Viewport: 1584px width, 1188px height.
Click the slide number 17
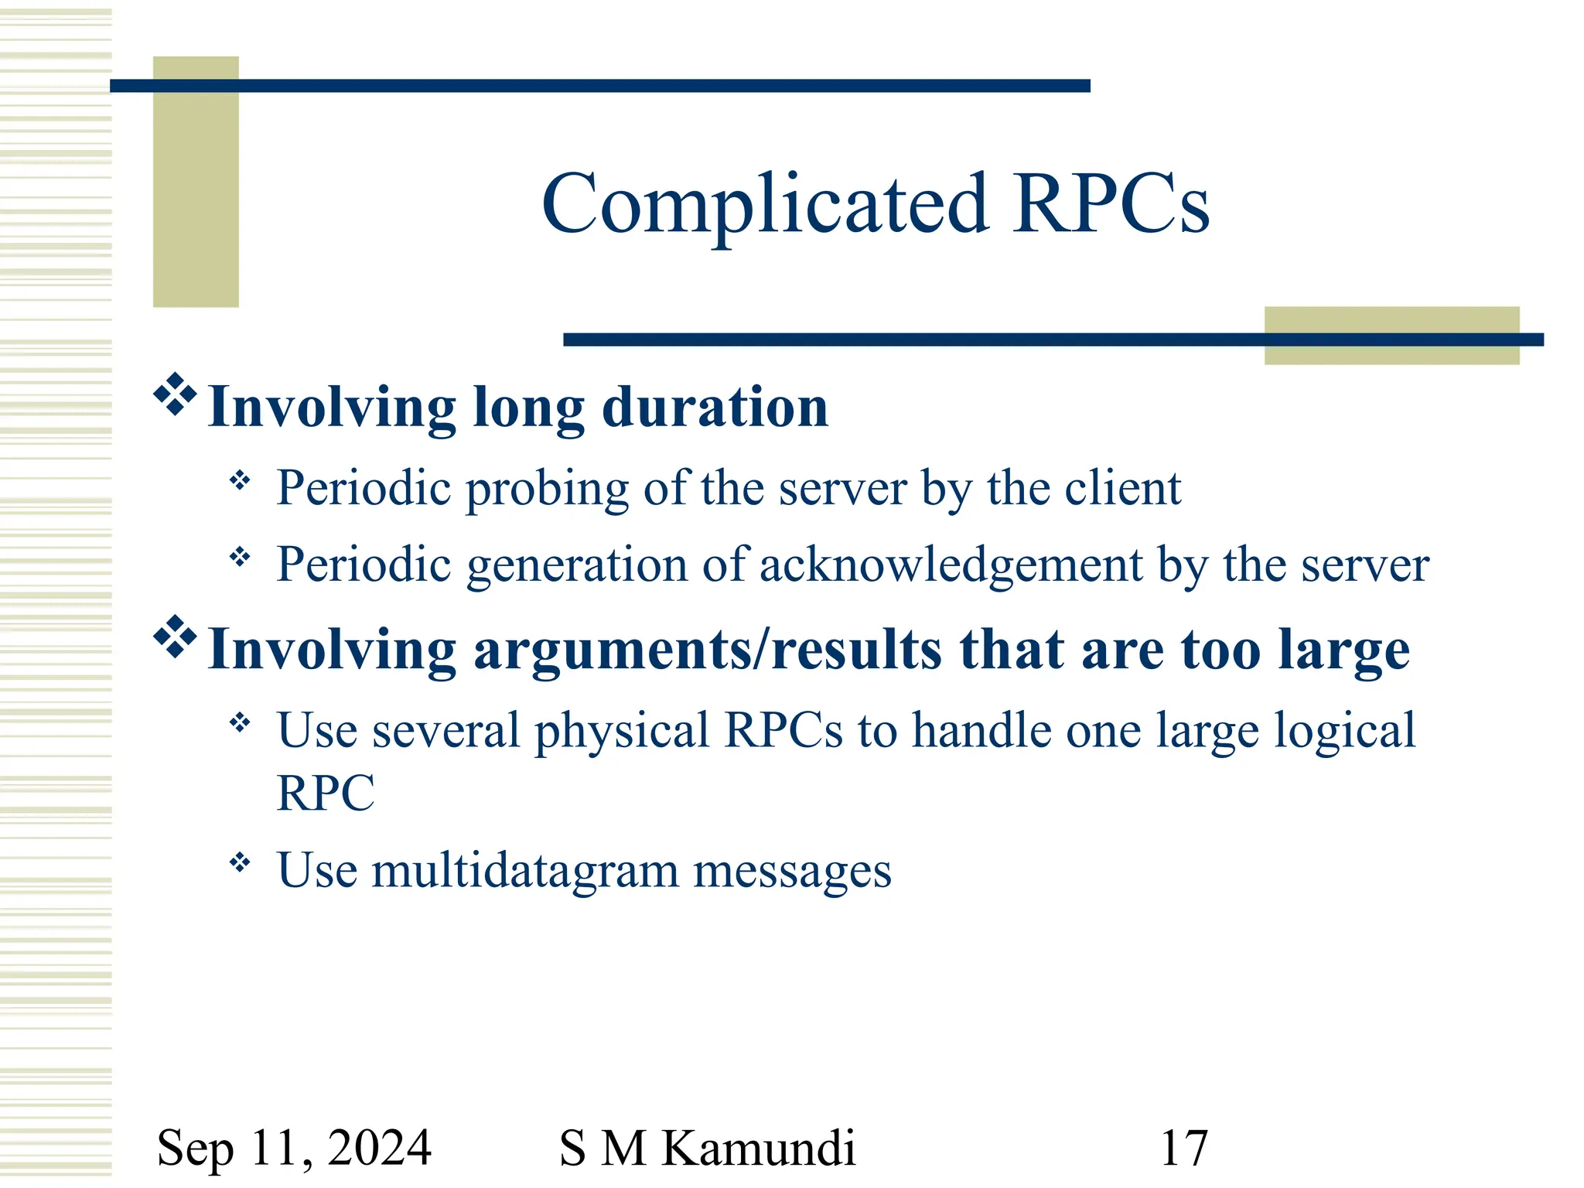pos(1183,1148)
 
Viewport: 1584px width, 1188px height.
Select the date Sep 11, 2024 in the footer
pos(294,1148)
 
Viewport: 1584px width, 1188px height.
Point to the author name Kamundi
pos(759,1148)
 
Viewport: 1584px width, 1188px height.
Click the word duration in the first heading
pos(715,408)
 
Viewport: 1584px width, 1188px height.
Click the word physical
pos(622,731)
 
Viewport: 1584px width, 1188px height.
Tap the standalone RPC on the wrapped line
pos(326,794)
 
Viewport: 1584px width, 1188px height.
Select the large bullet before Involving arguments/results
pos(175,637)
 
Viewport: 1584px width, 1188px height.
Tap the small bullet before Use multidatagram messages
pos(241,862)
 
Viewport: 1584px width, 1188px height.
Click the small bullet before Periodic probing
pos(241,481)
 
